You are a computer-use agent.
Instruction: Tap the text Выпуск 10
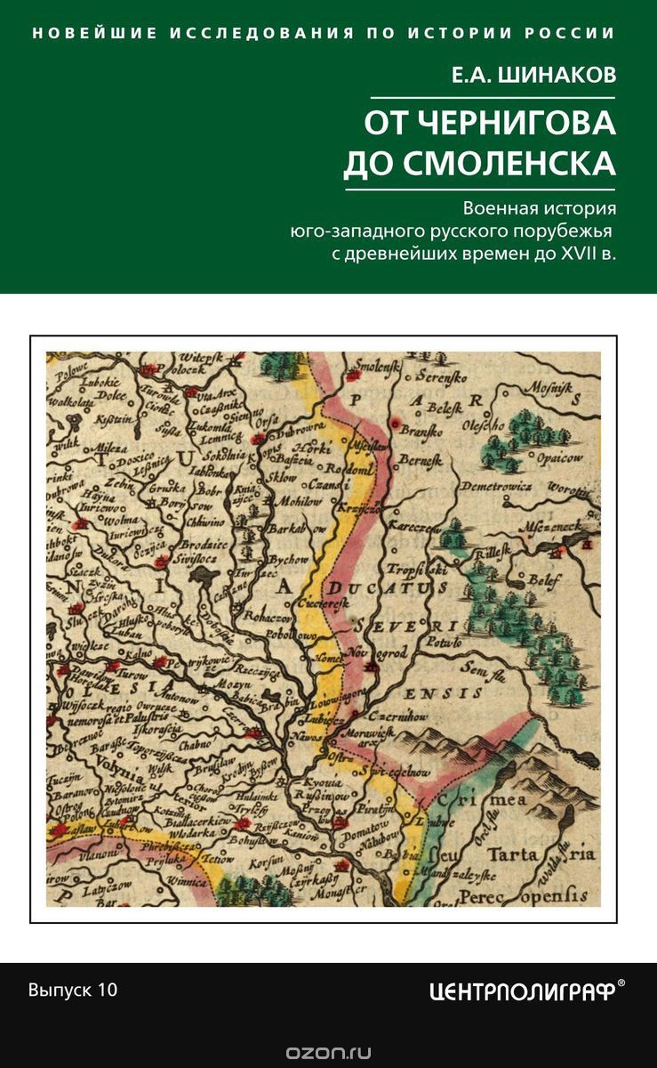point(73,990)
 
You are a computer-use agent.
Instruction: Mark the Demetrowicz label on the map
point(496,488)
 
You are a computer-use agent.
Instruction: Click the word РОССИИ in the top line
point(575,33)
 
